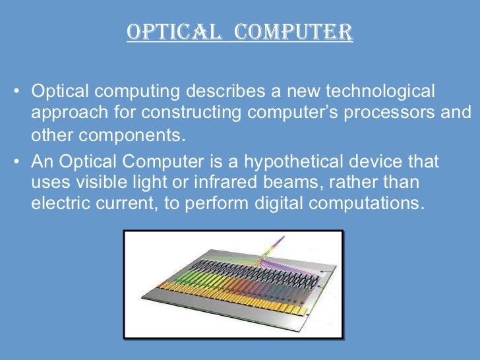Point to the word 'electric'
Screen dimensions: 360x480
58,202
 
